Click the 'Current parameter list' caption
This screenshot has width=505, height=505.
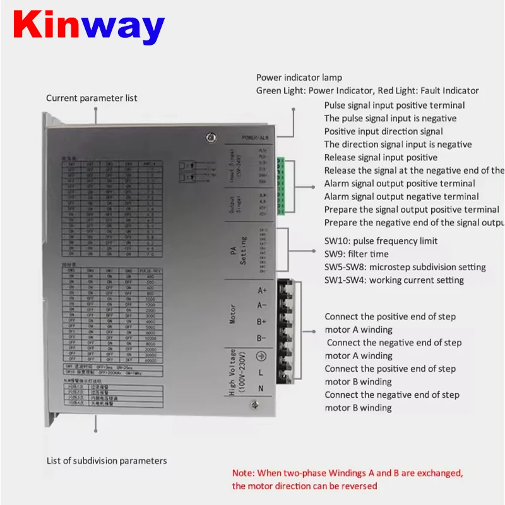[92, 98]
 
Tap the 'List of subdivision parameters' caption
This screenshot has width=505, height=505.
[107, 461]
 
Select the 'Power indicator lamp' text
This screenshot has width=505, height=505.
[299, 78]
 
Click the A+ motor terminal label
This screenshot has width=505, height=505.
[261, 291]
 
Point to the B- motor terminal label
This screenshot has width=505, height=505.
[261, 338]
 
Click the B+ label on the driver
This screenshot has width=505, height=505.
[261, 322]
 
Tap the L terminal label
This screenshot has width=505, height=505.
[261, 373]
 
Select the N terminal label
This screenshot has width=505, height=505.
[261, 388]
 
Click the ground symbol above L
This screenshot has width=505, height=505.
[261, 356]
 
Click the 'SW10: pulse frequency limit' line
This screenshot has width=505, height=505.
[381, 241]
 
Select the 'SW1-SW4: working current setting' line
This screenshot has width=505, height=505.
[394, 280]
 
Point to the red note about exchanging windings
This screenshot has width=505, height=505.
[348, 479]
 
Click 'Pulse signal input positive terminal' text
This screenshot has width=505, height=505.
[395, 105]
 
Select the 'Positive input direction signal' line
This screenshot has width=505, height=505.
[383, 131]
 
